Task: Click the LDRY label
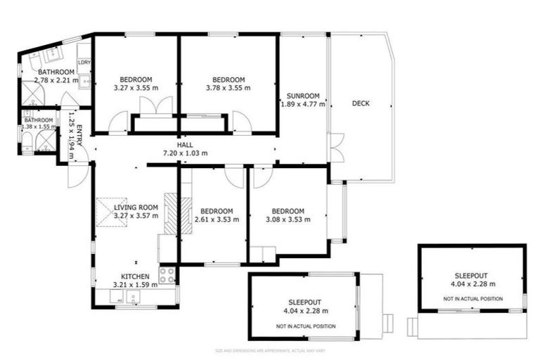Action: pos(84,61)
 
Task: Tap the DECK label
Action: pos(361,104)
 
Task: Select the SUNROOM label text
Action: pos(303,96)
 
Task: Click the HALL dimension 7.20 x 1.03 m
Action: pos(184,153)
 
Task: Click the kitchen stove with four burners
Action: pos(167,276)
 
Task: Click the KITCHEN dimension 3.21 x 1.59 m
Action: pos(136,285)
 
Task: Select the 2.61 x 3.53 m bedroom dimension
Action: pos(217,220)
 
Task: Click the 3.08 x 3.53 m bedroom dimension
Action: pos(287,220)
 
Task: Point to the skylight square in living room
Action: pos(110,210)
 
